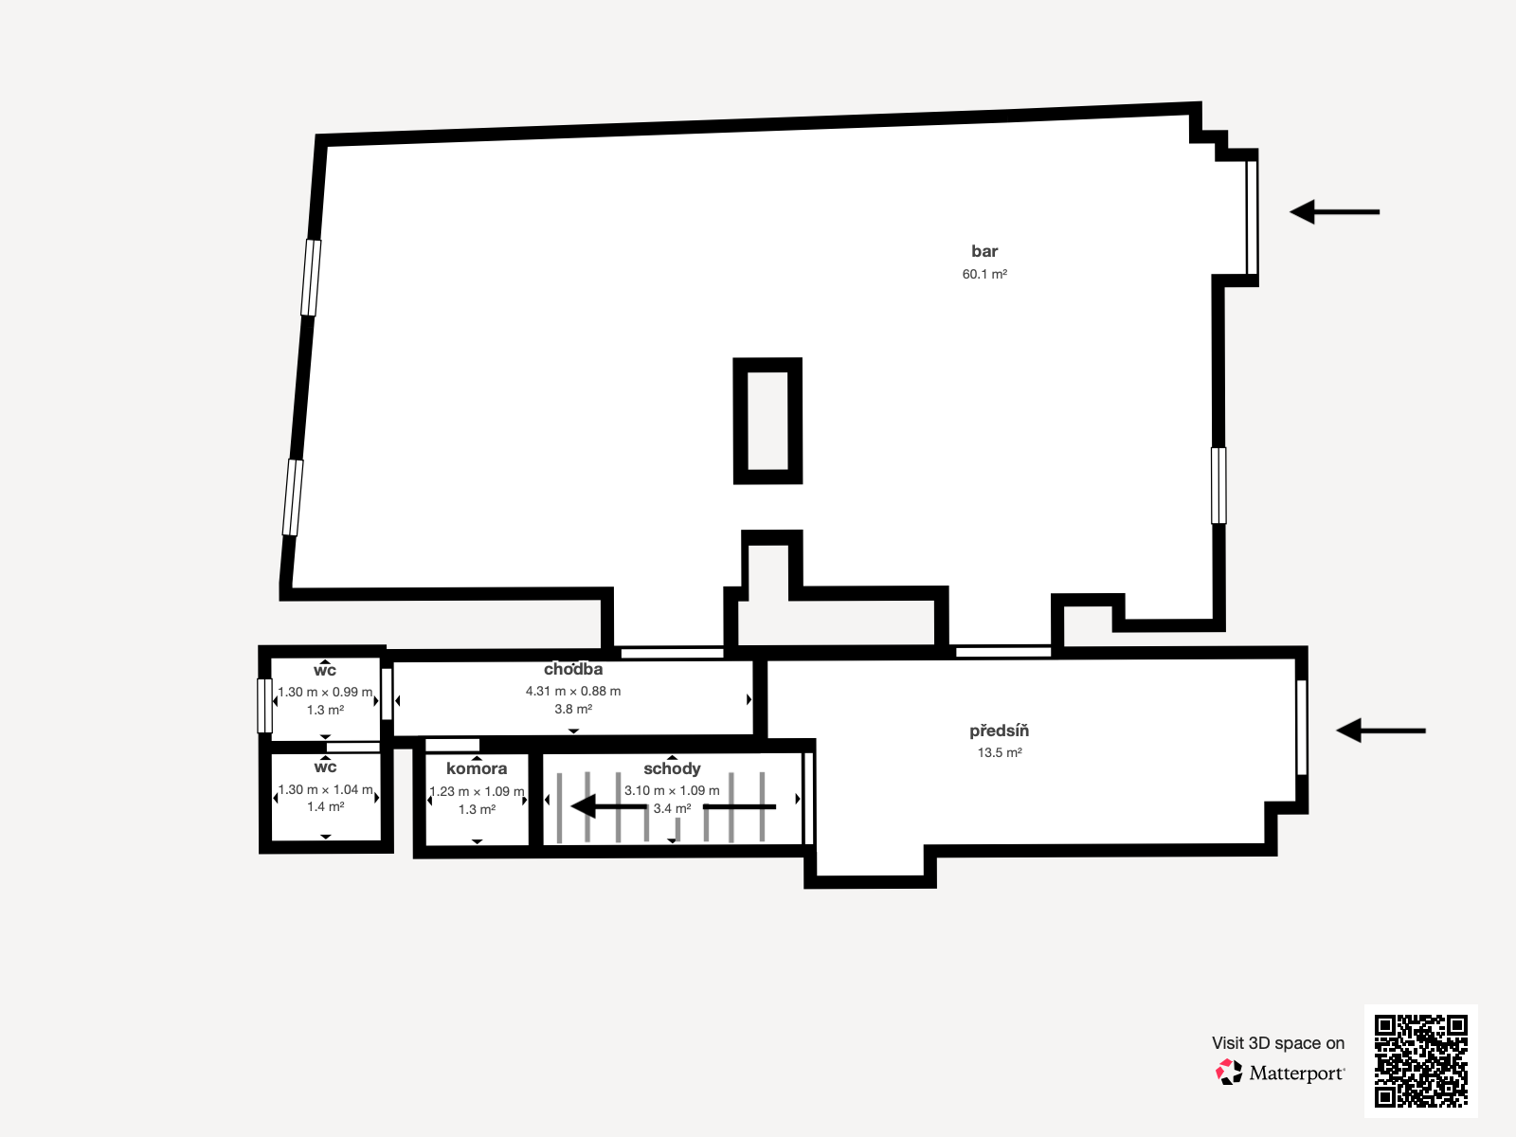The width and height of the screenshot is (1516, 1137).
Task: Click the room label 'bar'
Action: (x=984, y=251)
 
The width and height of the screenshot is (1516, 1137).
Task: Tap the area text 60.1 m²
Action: (x=984, y=274)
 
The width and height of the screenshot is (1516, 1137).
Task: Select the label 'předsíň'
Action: (x=999, y=731)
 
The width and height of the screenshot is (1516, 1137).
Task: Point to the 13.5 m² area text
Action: (x=1000, y=752)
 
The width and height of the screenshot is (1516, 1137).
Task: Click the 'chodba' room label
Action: (x=573, y=669)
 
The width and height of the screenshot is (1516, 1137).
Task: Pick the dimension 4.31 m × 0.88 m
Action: (x=573, y=691)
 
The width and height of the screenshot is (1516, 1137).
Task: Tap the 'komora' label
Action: (x=477, y=768)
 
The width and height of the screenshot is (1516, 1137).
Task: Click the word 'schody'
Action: (x=672, y=768)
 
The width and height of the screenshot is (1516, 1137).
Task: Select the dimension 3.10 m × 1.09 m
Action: (x=672, y=790)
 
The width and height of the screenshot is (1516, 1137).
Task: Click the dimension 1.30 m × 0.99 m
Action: (x=325, y=692)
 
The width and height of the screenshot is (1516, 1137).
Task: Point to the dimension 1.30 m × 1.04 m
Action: (x=325, y=789)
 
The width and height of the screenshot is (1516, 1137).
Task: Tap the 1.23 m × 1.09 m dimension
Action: (x=477, y=791)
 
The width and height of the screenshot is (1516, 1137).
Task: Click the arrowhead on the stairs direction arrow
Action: (x=584, y=806)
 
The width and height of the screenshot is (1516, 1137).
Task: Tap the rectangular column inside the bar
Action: (x=767, y=421)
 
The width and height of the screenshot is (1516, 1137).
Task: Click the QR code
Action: (x=1420, y=1061)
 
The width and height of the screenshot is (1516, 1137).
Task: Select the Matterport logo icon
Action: (x=1229, y=1073)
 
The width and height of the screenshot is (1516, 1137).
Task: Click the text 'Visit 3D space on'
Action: (x=1277, y=1043)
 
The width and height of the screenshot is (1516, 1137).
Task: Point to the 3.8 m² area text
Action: (x=573, y=709)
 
